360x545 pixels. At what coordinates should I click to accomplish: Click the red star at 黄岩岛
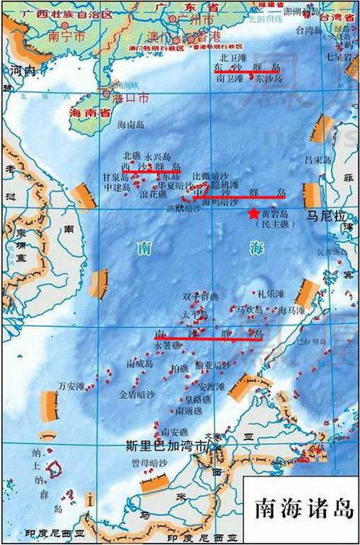click(253, 213)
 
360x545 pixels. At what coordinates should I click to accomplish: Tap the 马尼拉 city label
click(323, 214)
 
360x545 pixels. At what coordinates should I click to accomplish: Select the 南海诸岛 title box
click(302, 508)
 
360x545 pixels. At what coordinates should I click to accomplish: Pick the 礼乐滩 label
click(271, 294)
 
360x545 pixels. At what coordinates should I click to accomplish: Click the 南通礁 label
click(189, 410)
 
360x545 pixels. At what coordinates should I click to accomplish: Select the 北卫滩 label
click(232, 54)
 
